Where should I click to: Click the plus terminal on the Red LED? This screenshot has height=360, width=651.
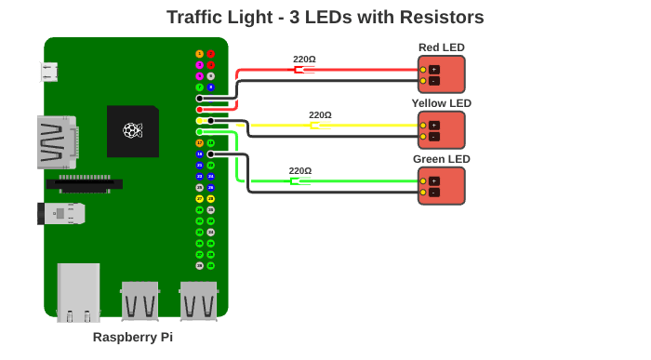[433, 70]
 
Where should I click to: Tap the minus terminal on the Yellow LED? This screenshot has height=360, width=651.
[433, 137]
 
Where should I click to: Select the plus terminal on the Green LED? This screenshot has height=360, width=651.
[433, 180]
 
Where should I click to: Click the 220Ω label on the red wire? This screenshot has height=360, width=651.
[304, 60]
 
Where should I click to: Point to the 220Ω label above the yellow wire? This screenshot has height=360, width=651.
[320, 115]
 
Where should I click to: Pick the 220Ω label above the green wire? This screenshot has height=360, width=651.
[299, 171]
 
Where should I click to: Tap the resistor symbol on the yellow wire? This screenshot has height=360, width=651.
[320, 126]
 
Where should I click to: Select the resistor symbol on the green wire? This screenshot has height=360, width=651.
[299, 181]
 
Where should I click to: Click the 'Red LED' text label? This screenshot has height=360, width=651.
[441, 47]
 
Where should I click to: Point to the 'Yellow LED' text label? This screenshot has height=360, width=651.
[441, 103]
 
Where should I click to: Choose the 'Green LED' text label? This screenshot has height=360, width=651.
[441, 159]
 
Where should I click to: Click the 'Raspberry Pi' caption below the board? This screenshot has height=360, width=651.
[133, 337]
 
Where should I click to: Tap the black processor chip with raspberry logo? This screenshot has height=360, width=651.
[133, 130]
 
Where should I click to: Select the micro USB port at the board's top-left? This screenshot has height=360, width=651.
[49, 72]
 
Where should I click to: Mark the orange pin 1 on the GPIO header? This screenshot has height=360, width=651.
[199, 54]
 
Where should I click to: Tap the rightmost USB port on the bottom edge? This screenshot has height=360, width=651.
[198, 300]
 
